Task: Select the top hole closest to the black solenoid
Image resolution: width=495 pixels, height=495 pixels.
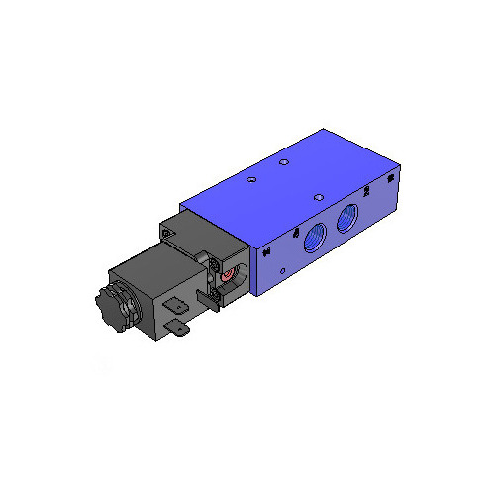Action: pos(251,179)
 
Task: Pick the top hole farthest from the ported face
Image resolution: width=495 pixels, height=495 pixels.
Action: pos(284,162)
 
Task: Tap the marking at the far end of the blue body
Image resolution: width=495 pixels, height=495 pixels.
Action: pos(391,178)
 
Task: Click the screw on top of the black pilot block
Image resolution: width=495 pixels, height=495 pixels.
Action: pos(167,233)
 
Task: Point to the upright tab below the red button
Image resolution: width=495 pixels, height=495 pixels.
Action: pos(206,298)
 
